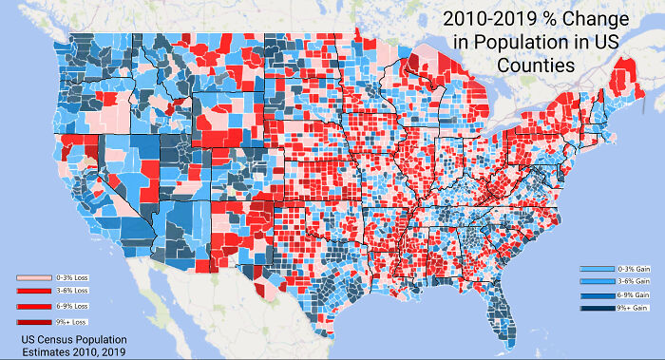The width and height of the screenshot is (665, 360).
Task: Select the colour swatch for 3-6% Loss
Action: pos(33,292)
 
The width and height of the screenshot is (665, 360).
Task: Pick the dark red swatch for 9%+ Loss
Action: pos(33,322)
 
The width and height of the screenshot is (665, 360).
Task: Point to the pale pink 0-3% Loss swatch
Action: pos(33,277)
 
